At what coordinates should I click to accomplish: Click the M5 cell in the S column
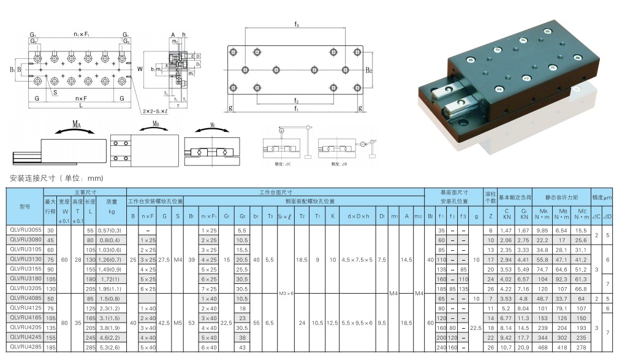coord(178,321)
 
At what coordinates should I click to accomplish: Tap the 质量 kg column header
coord(112,212)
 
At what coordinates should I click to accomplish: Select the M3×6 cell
coord(286,293)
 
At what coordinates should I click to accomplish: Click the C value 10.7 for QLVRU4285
coord(507,348)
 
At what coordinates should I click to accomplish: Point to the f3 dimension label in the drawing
coord(297,25)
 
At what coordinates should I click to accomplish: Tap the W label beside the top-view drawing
coord(140,69)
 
